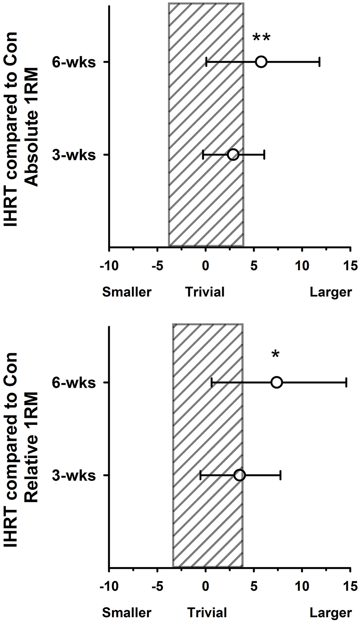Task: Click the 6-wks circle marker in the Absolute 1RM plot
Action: pyautogui.click(x=261, y=62)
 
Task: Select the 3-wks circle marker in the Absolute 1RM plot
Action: pyautogui.click(x=233, y=155)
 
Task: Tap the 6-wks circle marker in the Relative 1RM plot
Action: pyautogui.click(x=277, y=383)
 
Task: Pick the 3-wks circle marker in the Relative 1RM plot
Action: pyautogui.click(x=240, y=475)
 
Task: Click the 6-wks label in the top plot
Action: pyautogui.click(x=74, y=62)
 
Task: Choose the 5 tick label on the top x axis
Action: pyautogui.click(x=254, y=266)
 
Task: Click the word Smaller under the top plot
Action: pyautogui.click(x=127, y=292)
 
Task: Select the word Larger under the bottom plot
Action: pyautogui.click(x=331, y=613)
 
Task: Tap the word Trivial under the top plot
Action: pyautogui.click(x=205, y=292)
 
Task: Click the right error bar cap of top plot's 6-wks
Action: pyautogui.click(x=320, y=62)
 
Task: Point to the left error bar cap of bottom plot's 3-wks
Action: pyautogui.click(x=201, y=475)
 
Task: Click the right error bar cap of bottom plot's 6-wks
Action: pyautogui.click(x=346, y=383)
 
